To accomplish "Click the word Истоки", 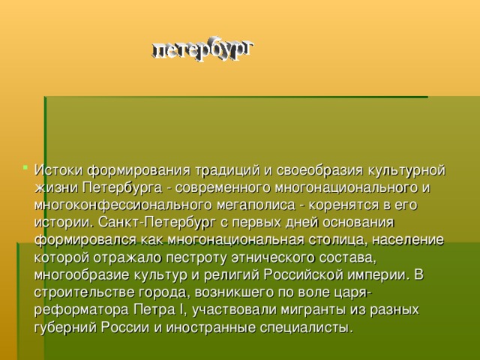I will (x=58, y=167).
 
